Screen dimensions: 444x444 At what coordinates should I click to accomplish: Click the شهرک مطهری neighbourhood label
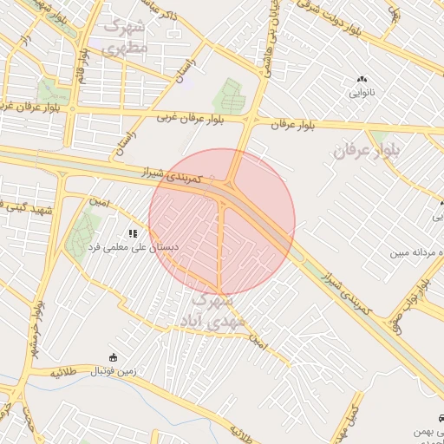pos(126,36)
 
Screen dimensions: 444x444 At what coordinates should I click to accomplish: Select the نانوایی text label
pos(362,91)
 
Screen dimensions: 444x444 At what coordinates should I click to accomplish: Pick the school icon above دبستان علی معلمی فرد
pos(133,233)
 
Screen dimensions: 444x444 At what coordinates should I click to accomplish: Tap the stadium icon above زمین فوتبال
pos(113,357)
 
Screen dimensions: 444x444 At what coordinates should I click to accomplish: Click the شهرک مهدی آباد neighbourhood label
pos(206,311)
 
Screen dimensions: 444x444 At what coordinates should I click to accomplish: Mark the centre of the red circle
pos(222,221)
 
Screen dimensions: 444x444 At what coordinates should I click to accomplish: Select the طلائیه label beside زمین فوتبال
pos(64,371)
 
